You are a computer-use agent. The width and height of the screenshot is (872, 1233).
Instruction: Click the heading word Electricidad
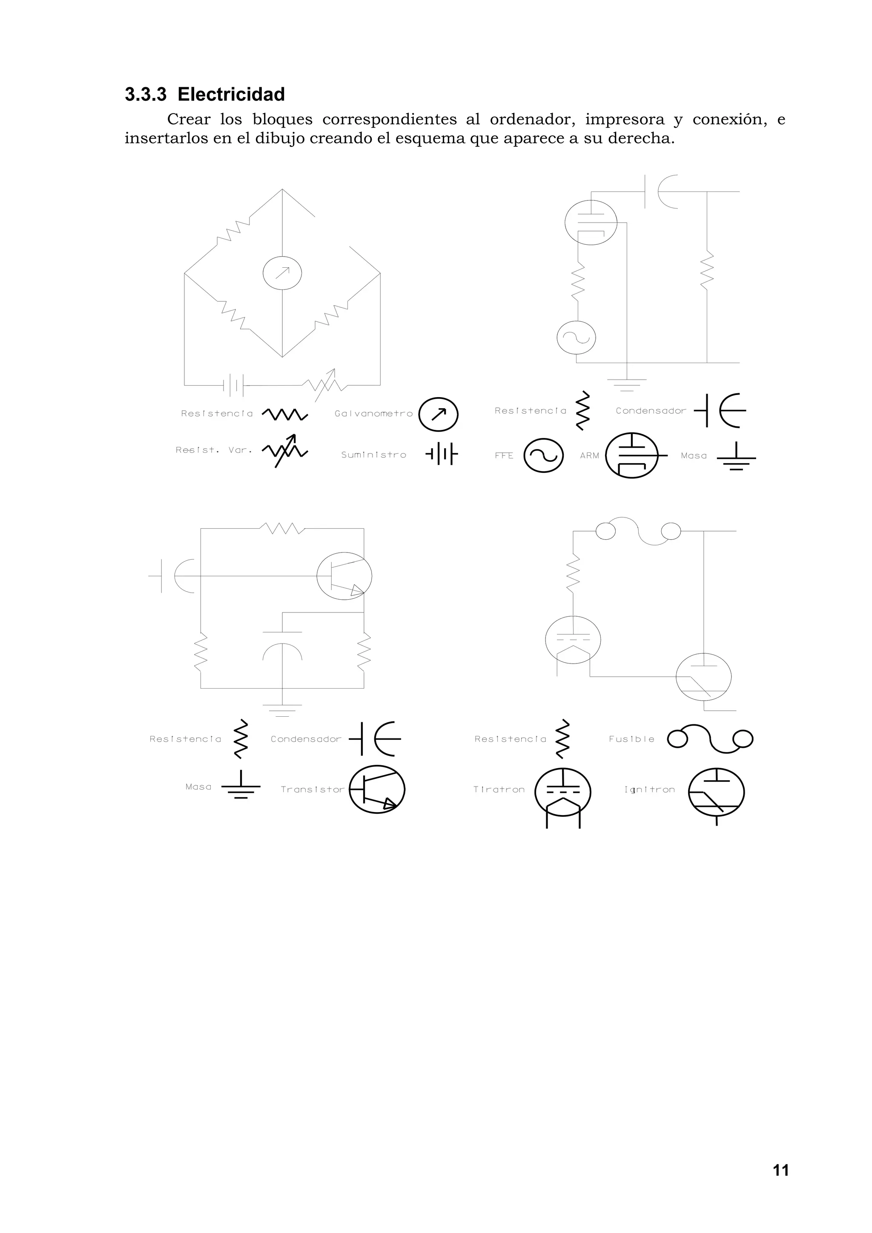tap(231, 94)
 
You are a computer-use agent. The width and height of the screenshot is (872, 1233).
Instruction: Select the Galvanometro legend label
tap(373, 414)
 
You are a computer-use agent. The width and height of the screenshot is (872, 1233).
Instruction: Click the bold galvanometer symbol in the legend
tap(439, 414)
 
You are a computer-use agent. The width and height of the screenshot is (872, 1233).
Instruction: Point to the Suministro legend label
tap(373, 455)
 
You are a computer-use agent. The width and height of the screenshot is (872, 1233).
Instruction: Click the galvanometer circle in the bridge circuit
tap(282, 273)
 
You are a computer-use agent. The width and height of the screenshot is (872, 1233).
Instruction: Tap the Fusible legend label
tap(631, 739)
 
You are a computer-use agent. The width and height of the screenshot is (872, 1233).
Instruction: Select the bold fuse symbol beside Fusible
tap(710, 739)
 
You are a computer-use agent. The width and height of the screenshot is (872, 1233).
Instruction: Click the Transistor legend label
tap(312, 790)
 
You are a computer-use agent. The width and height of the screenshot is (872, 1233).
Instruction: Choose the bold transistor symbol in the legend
tap(377, 790)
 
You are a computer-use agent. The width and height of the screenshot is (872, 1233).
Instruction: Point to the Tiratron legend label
tap(499, 790)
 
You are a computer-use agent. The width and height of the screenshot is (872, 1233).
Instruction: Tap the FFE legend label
tap(504, 455)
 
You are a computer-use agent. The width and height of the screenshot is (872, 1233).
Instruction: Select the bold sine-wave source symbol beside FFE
tap(544, 455)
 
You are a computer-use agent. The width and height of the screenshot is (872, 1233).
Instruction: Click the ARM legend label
tap(589, 455)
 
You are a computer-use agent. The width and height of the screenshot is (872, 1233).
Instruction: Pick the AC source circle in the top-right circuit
tap(577, 337)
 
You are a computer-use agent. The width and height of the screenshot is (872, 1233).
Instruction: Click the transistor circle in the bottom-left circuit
tap(344, 576)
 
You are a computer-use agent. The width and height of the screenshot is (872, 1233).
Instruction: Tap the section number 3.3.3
tap(146, 94)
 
